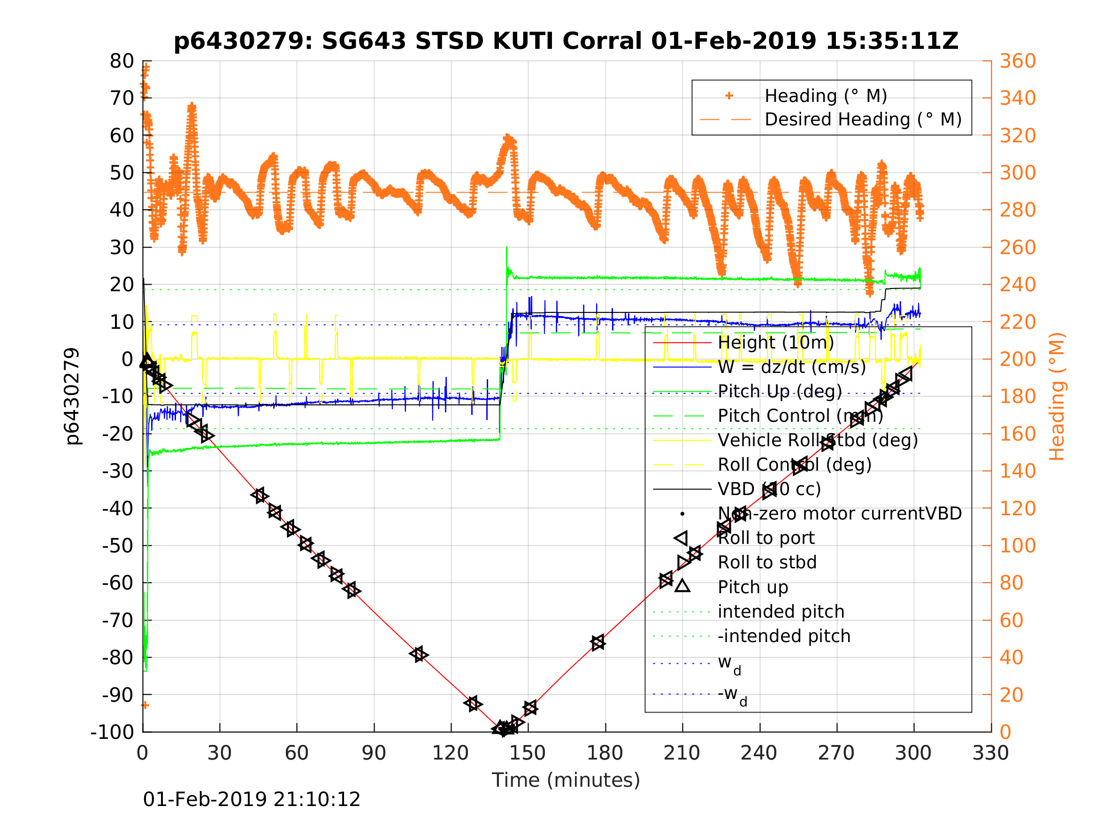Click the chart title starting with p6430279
tap(566, 41)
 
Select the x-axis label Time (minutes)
tap(566, 780)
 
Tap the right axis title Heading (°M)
tap(1057, 396)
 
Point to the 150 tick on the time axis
tap(528, 753)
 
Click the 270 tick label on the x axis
tap(836, 753)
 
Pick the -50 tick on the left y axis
tap(118, 545)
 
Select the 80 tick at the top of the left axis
tap(122, 62)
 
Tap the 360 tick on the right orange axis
tap(1018, 62)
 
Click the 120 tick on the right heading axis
tap(1018, 508)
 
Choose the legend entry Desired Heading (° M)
tap(863, 119)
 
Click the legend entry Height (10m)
tap(776, 342)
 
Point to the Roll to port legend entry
tap(766, 538)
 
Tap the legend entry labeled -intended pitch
tap(784, 636)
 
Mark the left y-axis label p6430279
tap(72, 396)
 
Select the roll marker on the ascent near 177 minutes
tap(598, 643)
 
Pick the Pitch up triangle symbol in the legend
tap(682, 586)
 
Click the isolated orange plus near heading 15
tap(145, 705)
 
